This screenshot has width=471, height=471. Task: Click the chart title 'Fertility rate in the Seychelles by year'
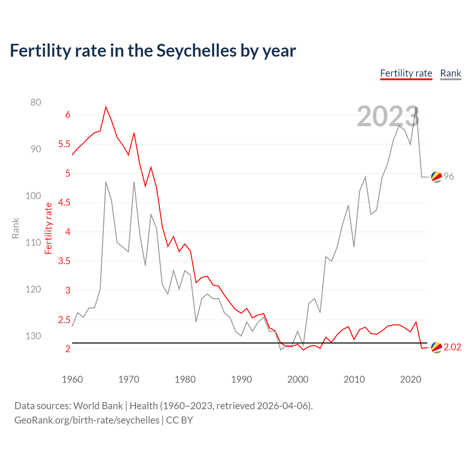pos(153,51)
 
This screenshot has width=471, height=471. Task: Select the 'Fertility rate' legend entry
pos(406,73)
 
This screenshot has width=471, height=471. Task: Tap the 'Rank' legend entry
pos(450,73)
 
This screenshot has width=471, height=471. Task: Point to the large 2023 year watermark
pos(388,117)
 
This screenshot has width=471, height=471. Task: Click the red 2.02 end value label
pos(452,347)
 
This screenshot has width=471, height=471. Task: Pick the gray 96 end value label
pos(449,176)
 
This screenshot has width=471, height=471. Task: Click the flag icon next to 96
pos(436,177)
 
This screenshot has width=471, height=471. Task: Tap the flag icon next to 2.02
pos(436,347)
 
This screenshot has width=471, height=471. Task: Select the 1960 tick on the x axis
pos(72,379)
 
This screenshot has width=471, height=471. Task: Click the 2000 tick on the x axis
pos(298,379)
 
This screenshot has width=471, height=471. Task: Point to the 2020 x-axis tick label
pos(410,379)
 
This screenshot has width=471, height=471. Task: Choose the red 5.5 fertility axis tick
pos(64,144)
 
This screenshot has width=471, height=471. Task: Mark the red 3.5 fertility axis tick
pos(64,261)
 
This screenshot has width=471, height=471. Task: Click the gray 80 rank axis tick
pos(36,102)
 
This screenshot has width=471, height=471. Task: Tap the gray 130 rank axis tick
pos(33,336)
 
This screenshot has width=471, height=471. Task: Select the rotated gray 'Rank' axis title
pos(15,228)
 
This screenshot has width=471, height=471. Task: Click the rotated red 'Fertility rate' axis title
pos(48,228)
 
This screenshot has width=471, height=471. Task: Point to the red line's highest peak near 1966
pos(106,107)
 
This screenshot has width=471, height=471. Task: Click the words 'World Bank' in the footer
pos(98,406)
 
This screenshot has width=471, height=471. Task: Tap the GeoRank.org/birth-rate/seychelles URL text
pos(87,420)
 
